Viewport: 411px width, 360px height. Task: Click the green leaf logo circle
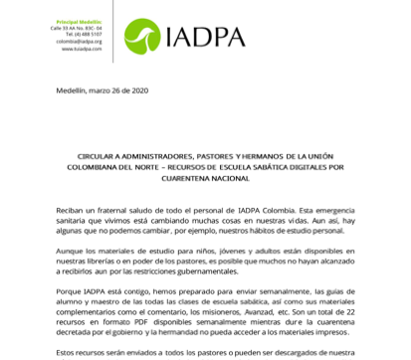pyautogui.click(x=142, y=36)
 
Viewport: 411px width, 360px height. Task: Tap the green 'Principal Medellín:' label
pyautogui.click(x=77, y=21)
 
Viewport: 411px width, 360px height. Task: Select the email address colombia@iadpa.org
pyautogui.click(x=79, y=41)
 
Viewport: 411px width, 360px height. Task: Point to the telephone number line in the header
pyautogui.click(x=82, y=34)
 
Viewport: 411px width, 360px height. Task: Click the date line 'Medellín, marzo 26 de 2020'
pyautogui.click(x=102, y=91)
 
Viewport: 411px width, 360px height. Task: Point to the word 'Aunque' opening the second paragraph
pyautogui.click(x=70, y=252)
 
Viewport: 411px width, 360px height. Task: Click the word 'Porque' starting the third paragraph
pyautogui.click(x=70, y=292)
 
